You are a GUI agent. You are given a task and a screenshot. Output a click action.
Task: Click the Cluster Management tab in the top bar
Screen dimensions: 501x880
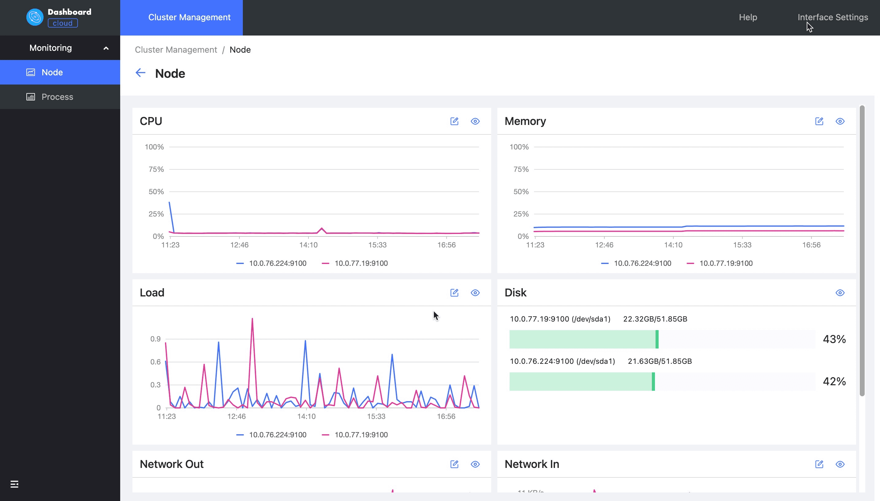[x=189, y=17]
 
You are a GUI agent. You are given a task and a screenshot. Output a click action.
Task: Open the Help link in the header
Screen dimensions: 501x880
[x=748, y=17]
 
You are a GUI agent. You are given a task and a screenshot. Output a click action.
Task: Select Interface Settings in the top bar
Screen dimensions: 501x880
[x=832, y=17]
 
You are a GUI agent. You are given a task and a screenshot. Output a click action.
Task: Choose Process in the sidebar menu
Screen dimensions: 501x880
[x=57, y=97]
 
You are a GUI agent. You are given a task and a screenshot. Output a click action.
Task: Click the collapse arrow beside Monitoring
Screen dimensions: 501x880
[x=106, y=48]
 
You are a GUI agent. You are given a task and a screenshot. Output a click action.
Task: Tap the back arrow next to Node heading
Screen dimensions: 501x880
[x=140, y=73]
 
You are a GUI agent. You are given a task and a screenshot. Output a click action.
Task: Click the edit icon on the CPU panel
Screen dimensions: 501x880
[x=454, y=121]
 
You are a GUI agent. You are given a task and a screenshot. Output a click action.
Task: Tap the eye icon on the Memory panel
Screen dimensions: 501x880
[x=840, y=121]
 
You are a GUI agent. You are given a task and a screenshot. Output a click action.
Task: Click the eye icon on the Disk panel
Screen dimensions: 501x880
[x=840, y=293]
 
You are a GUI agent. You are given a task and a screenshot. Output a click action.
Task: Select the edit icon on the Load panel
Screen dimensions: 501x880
[x=454, y=293]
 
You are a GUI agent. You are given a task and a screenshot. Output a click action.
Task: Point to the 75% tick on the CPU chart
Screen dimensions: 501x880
[x=156, y=169]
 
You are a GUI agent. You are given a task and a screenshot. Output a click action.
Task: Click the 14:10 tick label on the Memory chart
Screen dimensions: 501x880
[x=673, y=245]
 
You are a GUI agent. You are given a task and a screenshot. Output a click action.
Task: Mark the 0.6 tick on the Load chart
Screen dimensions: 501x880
[x=155, y=362]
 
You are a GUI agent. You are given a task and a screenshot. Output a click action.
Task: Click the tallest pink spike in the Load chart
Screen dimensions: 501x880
[x=252, y=319]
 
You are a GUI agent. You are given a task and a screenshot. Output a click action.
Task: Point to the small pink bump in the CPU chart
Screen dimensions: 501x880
[x=322, y=228]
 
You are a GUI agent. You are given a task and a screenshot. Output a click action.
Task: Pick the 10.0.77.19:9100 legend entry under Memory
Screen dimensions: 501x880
[x=726, y=263]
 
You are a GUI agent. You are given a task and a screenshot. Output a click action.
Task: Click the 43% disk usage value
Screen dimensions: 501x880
[x=834, y=339]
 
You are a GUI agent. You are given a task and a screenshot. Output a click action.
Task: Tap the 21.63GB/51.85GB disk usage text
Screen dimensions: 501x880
[x=660, y=361]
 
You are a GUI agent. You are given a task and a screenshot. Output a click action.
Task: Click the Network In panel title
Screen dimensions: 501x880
[x=531, y=464]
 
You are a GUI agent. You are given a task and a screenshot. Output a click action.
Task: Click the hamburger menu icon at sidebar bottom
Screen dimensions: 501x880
[x=14, y=484]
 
